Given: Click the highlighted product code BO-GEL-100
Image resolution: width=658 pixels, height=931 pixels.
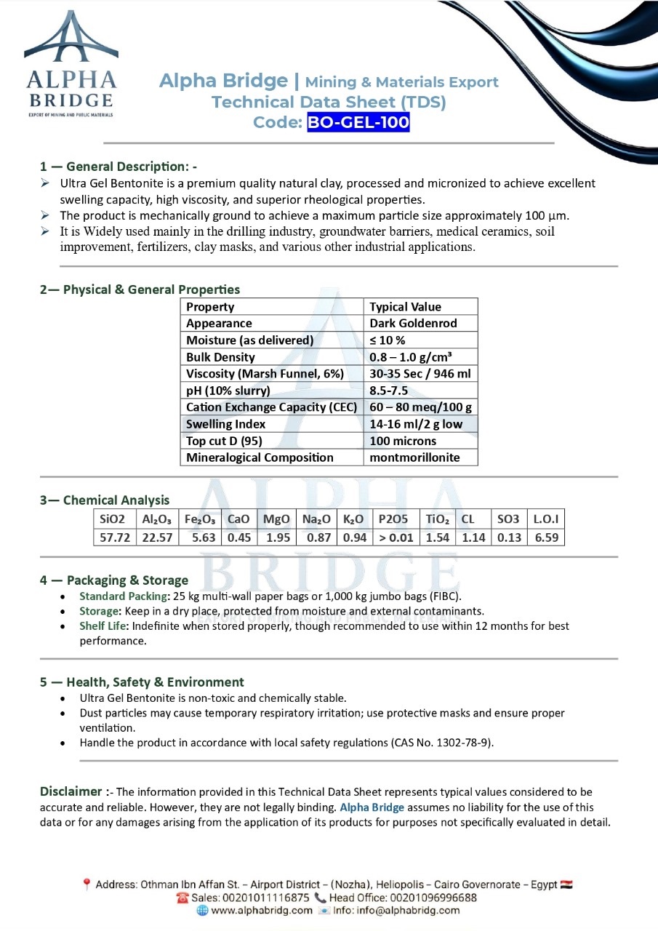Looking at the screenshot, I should pyautogui.click(x=358, y=122).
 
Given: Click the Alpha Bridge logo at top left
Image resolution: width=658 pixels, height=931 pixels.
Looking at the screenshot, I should pyautogui.click(x=71, y=64).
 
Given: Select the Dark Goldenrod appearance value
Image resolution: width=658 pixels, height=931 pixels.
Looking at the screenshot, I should pyautogui.click(x=412, y=324).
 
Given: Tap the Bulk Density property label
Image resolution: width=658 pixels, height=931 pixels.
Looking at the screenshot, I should pyautogui.click(x=220, y=357).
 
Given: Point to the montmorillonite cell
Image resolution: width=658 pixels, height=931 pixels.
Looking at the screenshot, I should pyautogui.click(x=414, y=457).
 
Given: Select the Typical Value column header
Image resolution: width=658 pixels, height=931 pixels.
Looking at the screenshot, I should pyautogui.click(x=405, y=307).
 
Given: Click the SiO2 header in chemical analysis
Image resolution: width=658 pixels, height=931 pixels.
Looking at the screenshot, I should pyautogui.click(x=113, y=519).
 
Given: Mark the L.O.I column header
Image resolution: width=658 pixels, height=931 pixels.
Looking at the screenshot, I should pyautogui.click(x=545, y=519).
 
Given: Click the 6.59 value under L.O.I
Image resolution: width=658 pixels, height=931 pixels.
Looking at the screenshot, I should pyautogui.click(x=545, y=538).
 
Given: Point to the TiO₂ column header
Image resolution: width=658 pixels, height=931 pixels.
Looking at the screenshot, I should pyautogui.click(x=438, y=519).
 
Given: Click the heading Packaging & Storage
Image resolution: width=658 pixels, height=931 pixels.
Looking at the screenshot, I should pyautogui.click(x=127, y=580).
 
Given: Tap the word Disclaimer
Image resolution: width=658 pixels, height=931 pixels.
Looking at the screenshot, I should pyautogui.click(x=71, y=791).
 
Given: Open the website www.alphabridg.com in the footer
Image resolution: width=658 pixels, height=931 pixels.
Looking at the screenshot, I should pyautogui.click(x=262, y=910).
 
